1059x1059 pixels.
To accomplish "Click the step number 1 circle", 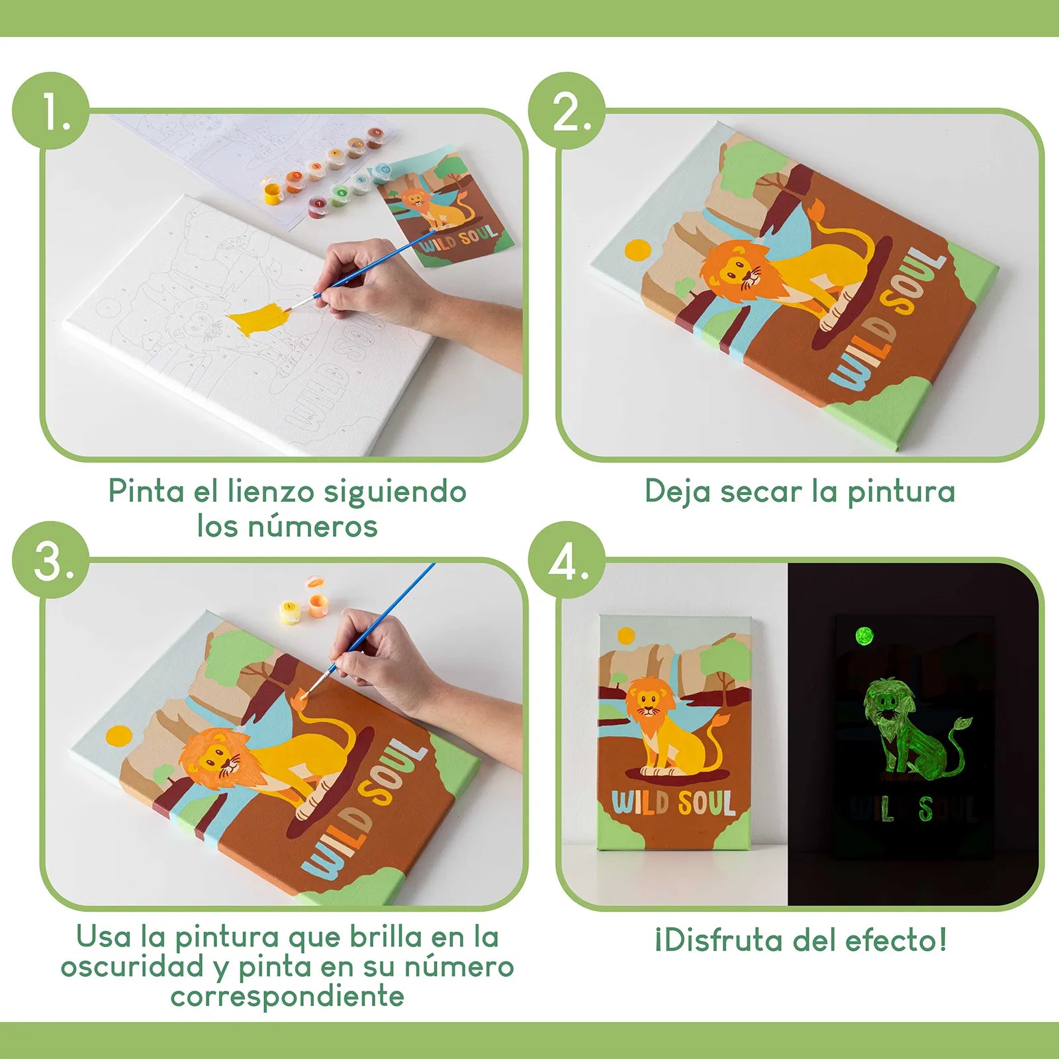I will pyautogui.click(x=51, y=111).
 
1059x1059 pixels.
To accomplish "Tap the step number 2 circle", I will pyautogui.click(x=567, y=111).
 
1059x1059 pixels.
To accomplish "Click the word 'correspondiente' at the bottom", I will pyautogui.click(x=287, y=996).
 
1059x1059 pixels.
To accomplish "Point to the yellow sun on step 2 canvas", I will pyautogui.click(x=638, y=250).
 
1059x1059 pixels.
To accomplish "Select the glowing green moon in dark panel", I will pyautogui.click(x=864, y=637).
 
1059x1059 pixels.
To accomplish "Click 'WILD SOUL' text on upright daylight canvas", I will pyautogui.click(x=673, y=803).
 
